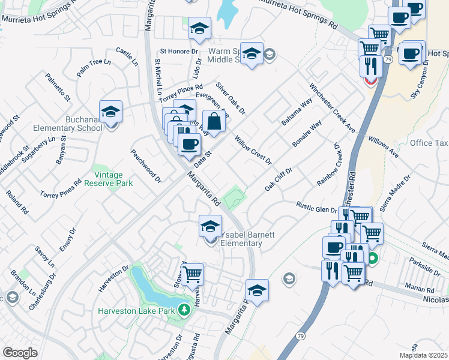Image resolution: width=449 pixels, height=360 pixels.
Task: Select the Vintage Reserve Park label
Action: pyautogui.click(x=113, y=179)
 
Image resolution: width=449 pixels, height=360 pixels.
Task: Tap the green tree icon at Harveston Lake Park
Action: pyautogui.click(x=185, y=310)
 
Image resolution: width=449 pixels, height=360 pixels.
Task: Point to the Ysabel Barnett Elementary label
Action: pyautogui.click(x=241, y=239)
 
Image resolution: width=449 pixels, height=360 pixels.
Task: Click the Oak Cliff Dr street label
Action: pyautogui.click(x=279, y=179)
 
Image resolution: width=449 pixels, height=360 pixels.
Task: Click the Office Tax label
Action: pyautogui.click(x=429, y=143)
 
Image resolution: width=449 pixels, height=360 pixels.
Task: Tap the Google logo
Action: pyautogui.click(x=20, y=352)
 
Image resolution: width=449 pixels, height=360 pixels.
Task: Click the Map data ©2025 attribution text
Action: pyautogui.click(x=423, y=355)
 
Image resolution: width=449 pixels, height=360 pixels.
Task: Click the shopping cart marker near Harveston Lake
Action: pyautogui.click(x=193, y=275)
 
